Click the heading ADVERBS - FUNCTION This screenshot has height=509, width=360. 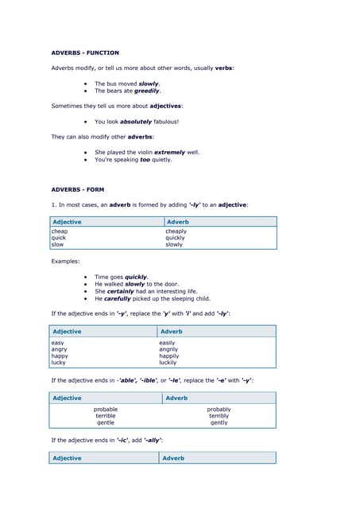click(x=85, y=52)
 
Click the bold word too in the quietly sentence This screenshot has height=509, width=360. click(x=145, y=159)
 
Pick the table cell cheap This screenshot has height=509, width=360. click(x=59, y=231)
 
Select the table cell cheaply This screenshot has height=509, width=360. click(x=176, y=231)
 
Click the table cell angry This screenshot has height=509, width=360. click(x=60, y=349)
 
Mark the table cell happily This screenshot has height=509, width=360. click(x=169, y=356)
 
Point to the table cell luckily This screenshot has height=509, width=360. click(x=168, y=362)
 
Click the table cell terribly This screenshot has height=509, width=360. click(x=219, y=416)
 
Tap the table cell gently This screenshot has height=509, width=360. click(x=219, y=422)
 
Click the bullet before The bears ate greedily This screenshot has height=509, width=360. click(x=85, y=91)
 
